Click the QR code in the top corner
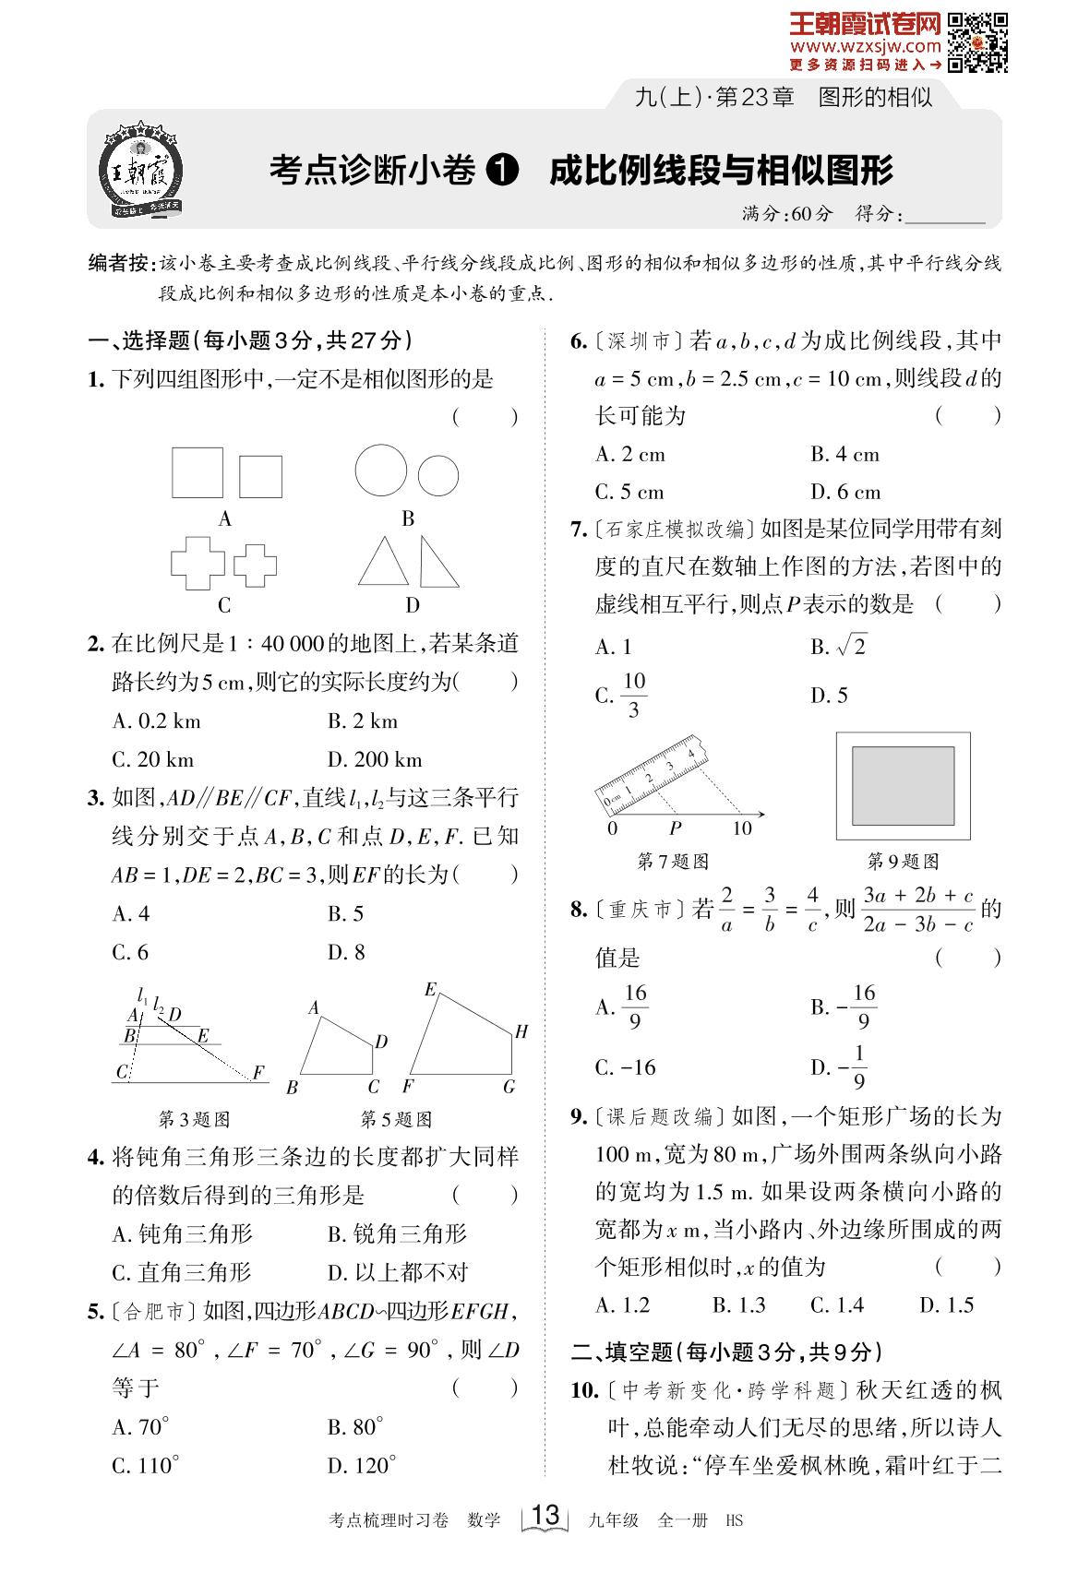coord(978,42)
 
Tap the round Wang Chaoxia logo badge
coord(141,172)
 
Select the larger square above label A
coord(198,473)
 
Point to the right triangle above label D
coord(438,562)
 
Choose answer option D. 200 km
coord(375,760)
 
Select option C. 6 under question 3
coord(130,952)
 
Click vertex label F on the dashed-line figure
coord(258,1072)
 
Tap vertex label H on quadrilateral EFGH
coord(521,1031)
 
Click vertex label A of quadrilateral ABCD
coord(314,1008)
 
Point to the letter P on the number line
coord(675,828)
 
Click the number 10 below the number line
coord(742,828)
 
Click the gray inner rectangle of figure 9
coord(903,786)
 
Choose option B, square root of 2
coord(839,647)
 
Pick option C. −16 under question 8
coord(626,1067)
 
